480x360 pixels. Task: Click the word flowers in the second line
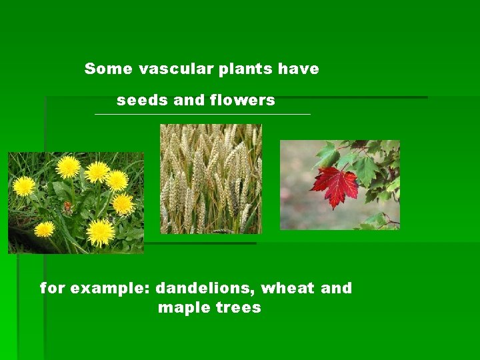pyautogui.click(x=242, y=101)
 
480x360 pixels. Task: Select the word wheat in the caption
pyautogui.click(x=288, y=289)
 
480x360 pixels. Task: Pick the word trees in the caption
pyautogui.click(x=238, y=308)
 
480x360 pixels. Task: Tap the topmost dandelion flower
pyautogui.click(x=68, y=166)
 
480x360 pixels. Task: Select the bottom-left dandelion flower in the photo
pyautogui.click(x=45, y=229)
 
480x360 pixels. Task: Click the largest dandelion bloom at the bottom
pyautogui.click(x=101, y=231)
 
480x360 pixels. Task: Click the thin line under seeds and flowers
pyautogui.click(x=203, y=115)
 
